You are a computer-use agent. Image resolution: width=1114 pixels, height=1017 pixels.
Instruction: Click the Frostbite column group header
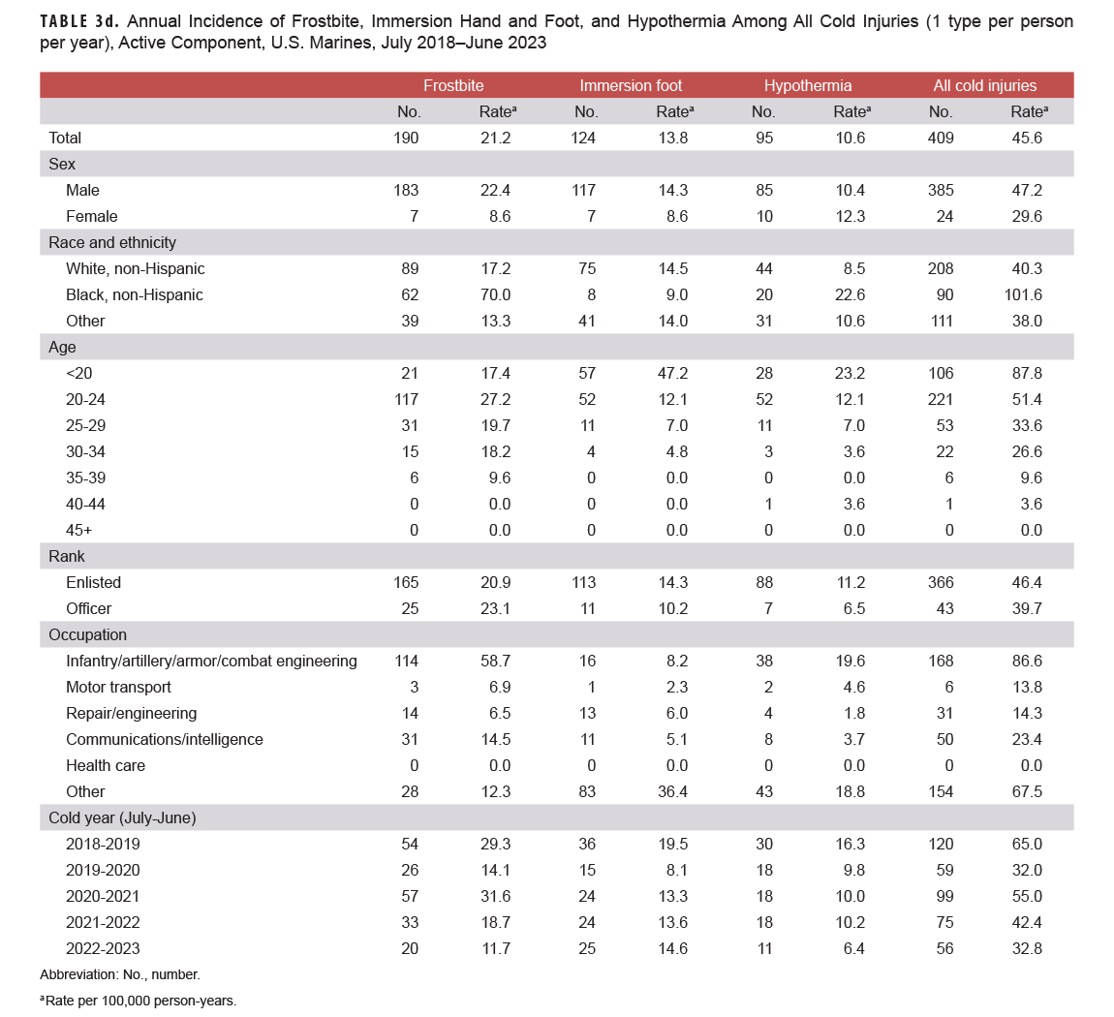pyautogui.click(x=453, y=85)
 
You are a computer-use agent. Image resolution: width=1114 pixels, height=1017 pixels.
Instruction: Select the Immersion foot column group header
pyautogui.click(x=631, y=85)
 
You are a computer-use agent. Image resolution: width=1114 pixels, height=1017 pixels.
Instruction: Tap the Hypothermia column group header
pyautogui.click(x=808, y=85)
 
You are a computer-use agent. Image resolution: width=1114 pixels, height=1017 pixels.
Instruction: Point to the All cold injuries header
pyautogui.click(x=984, y=85)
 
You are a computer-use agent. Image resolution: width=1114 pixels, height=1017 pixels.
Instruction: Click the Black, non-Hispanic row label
pyautogui.click(x=135, y=294)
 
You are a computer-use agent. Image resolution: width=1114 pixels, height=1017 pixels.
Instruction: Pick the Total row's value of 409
pyautogui.click(x=941, y=138)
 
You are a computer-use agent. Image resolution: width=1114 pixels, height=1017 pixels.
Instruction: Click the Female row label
pyautogui.click(x=92, y=216)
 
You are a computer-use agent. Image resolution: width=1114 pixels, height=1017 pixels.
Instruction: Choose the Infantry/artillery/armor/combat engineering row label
pyautogui.click(x=211, y=661)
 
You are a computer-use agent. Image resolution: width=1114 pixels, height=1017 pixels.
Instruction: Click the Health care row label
pyautogui.click(x=105, y=765)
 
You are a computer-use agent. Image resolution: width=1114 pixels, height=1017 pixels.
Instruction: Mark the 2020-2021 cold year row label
pyautogui.click(x=103, y=896)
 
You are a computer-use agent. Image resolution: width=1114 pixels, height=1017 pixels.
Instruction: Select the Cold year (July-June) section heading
pyautogui.click(x=122, y=817)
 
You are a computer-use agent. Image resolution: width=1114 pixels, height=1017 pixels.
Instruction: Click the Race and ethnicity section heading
pyautogui.click(x=112, y=242)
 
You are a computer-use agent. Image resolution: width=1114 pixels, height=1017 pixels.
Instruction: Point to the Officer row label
pyautogui.click(x=88, y=608)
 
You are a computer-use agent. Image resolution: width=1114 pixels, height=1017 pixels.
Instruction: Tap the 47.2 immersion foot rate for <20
pyautogui.click(x=672, y=373)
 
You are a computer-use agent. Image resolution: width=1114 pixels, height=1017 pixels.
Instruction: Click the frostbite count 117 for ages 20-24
pyautogui.click(x=406, y=399)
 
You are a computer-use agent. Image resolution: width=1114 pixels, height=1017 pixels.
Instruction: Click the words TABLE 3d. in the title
pyautogui.click(x=79, y=21)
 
